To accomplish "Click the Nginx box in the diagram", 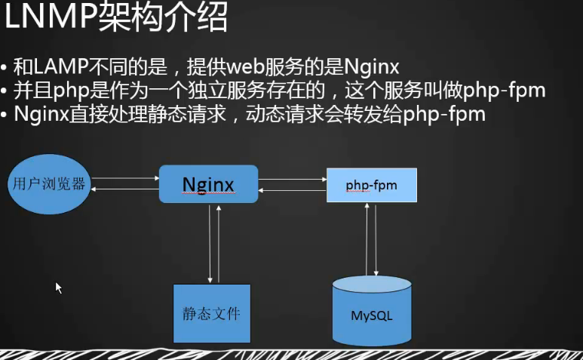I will pos(208,184).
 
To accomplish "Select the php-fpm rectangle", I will pos(371,184).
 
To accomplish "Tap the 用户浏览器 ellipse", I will pos(48,183).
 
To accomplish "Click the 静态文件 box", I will pos(211,312).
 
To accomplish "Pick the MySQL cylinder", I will pos(372,312).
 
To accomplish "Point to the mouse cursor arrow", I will pos(58,287).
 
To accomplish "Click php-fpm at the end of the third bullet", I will pos(444,115).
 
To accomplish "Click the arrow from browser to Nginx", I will pos(125,179).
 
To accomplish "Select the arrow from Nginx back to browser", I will pos(125,189).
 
